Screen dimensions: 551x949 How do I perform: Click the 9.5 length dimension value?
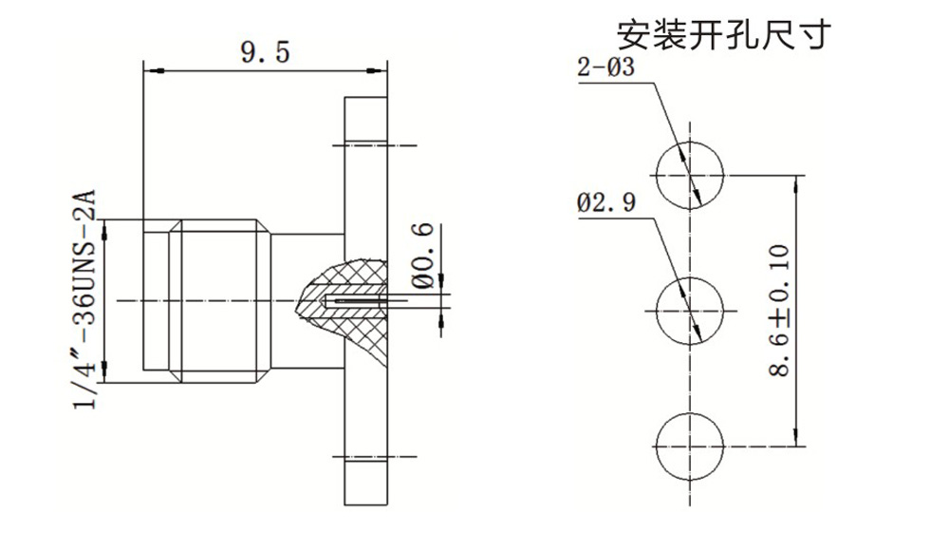point(264,53)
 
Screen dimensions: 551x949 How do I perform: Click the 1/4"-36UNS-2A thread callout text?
point(86,298)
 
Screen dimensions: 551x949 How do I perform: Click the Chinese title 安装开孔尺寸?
point(725,34)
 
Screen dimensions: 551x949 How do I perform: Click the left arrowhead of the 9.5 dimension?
point(149,70)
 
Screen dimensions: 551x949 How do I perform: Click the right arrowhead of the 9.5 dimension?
point(381,70)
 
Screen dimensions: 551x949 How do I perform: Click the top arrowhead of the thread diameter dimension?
point(104,226)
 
